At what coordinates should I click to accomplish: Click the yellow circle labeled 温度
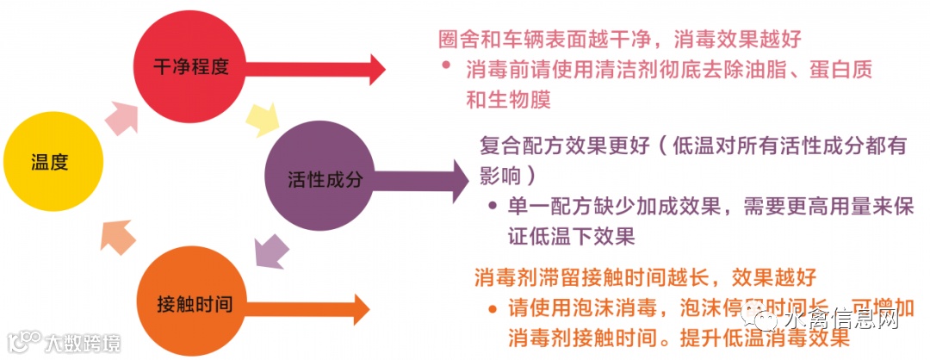(x=53, y=161)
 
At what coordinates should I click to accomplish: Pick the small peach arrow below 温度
(x=118, y=233)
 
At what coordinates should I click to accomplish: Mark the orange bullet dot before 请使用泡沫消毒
(x=490, y=307)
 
